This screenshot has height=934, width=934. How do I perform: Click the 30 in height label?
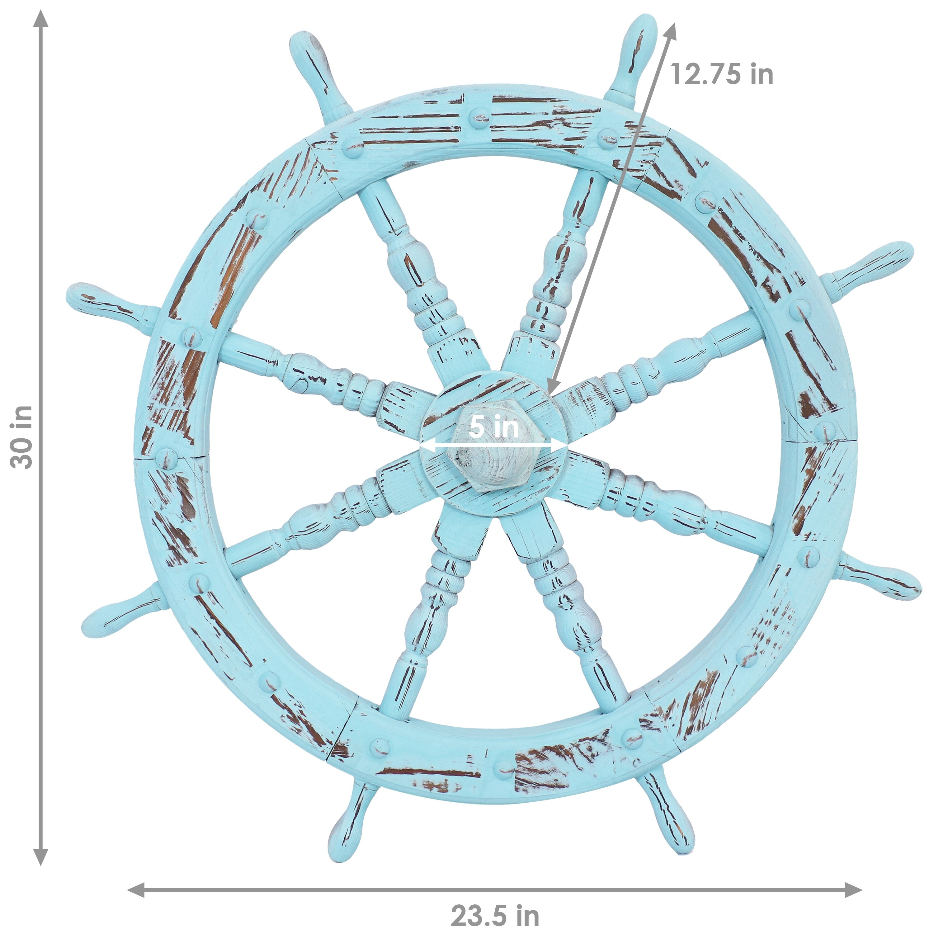coord(22,437)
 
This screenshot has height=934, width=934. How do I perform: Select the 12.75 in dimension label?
coord(721,74)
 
